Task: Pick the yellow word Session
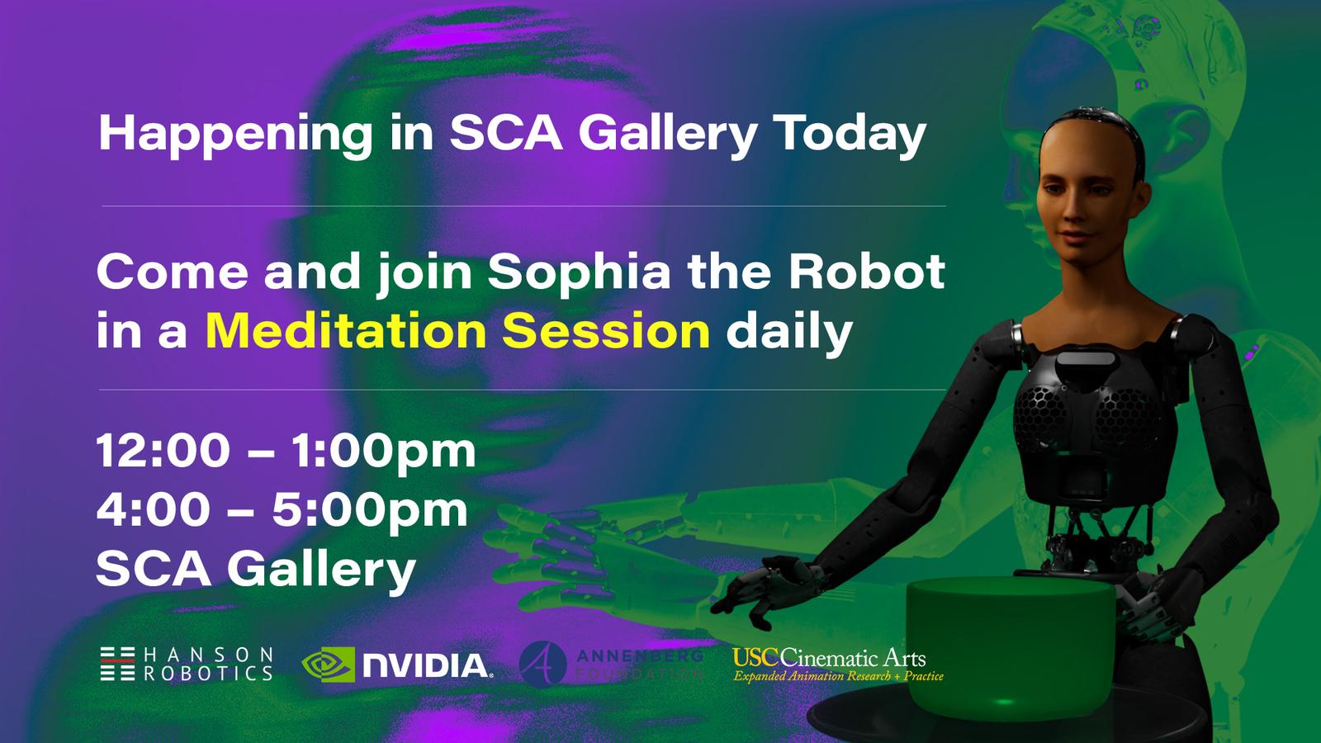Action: pos(606,331)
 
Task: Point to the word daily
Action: pos(788,331)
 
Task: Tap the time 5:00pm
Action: pos(370,511)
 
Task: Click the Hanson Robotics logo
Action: pos(187,664)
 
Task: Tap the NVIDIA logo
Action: pos(397,665)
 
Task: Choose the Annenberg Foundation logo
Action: pos(611,663)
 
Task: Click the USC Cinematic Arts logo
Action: pos(837,665)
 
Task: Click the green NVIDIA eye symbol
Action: pos(328,665)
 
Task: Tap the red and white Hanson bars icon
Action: pos(117,664)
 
